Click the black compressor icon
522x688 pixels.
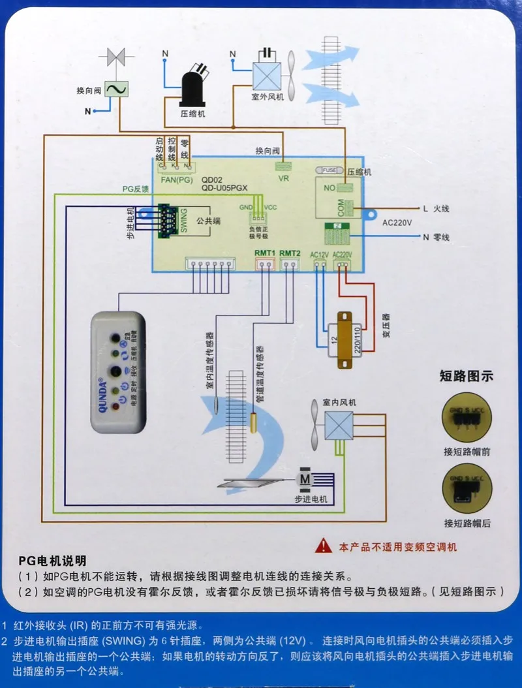pos(193,84)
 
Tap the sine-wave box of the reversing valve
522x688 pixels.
pos(117,89)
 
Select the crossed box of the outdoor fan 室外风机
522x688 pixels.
pos(266,75)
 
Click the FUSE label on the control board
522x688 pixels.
pos(329,170)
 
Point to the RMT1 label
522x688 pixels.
pos(264,253)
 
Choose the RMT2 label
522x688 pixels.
pos(289,253)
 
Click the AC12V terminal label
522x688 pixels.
pos(320,255)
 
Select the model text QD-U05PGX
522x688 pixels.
pos(224,188)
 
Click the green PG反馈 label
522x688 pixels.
pos(136,189)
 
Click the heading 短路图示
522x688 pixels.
pos(466,376)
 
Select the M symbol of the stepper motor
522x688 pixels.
pos(305,478)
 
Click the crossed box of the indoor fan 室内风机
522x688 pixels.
pos(338,425)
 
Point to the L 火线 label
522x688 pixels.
pos(436,209)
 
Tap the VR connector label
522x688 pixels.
pos(283,178)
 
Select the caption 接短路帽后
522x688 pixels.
pos(466,523)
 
